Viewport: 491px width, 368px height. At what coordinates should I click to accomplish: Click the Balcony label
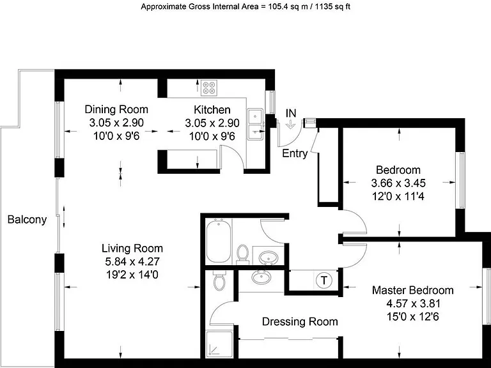[27, 219]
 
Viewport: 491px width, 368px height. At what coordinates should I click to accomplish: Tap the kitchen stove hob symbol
[209, 88]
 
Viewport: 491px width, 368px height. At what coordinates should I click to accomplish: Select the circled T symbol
[323, 280]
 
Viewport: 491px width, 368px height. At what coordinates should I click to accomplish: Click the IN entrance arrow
[291, 124]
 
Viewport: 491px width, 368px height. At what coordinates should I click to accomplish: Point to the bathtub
[219, 241]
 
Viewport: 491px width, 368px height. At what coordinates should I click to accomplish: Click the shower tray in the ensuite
[219, 344]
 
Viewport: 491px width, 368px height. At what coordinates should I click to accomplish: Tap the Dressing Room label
[300, 321]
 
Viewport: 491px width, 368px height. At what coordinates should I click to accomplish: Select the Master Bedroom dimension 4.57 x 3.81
[414, 303]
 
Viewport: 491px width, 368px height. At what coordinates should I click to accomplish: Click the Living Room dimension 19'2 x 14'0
[132, 275]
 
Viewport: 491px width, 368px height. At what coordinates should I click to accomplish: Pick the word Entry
[295, 153]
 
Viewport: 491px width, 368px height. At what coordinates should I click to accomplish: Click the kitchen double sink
[256, 124]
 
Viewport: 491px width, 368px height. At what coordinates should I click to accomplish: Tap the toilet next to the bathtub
[242, 253]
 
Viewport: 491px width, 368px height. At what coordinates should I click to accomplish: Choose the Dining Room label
[116, 109]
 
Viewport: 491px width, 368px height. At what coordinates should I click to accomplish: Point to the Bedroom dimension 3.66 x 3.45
[398, 183]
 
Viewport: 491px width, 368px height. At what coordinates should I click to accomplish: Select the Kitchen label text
[212, 109]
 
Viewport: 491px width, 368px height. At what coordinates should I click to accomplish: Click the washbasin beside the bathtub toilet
[269, 258]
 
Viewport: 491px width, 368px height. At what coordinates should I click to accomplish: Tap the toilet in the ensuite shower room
[219, 279]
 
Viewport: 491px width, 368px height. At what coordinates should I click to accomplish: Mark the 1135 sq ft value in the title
[332, 6]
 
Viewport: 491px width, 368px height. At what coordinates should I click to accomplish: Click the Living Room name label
[132, 248]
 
